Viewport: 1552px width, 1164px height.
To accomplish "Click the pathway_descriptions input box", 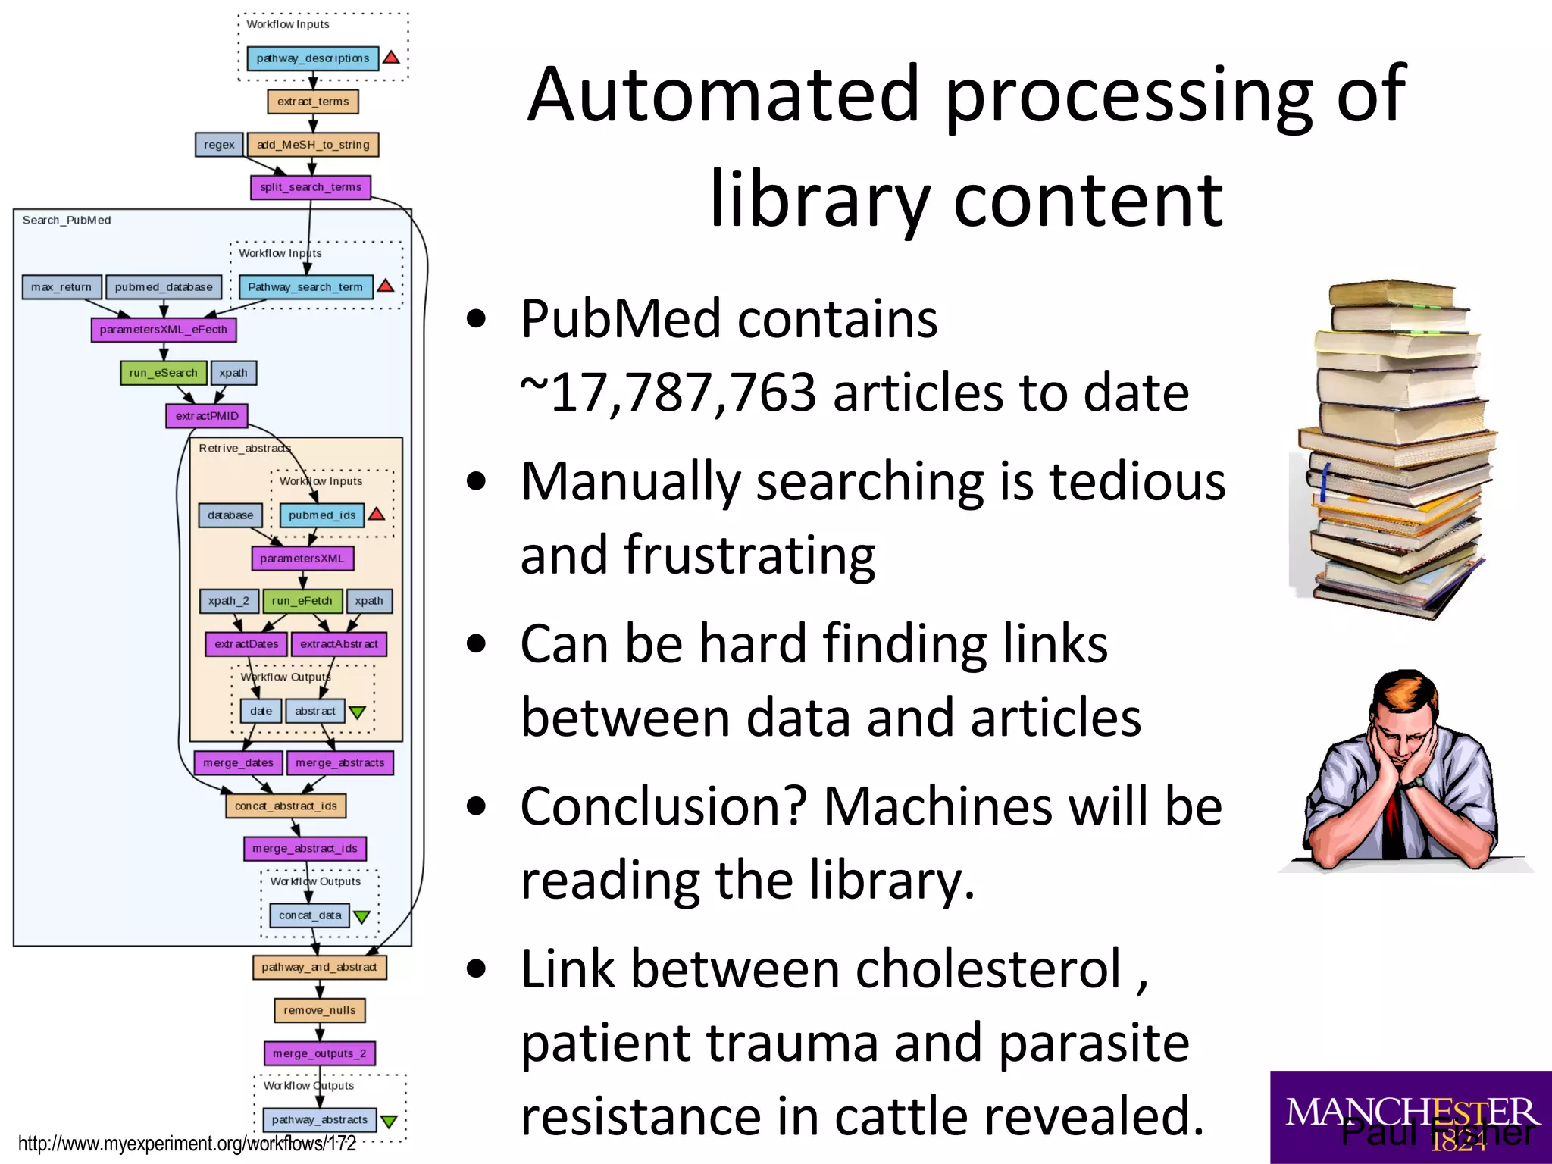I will [x=312, y=58].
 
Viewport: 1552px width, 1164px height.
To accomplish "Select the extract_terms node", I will [x=312, y=102].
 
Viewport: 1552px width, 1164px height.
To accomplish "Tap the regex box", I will [x=219, y=145].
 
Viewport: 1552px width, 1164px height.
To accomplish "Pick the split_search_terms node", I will [x=310, y=187].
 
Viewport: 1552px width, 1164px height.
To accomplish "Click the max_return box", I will [x=61, y=287].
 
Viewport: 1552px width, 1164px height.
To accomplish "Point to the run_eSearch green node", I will [x=163, y=373].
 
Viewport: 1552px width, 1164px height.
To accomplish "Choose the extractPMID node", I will [x=207, y=416].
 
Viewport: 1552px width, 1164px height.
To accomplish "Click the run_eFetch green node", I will [x=302, y=601].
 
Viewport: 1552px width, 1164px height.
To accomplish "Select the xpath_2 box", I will [x=228, y=601].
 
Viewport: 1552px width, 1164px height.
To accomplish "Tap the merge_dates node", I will [x=238, y=763].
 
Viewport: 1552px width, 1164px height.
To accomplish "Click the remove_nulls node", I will [x=319, y=1010].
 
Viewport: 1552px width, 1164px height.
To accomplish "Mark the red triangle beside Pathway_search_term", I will [x=386, y=286].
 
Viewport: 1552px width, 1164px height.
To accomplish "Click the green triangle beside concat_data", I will [x=361, y=916].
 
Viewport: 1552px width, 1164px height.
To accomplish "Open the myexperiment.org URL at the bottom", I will [x=186, y=1144].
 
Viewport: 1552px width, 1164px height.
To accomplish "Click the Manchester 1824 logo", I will [x=1410, y=1116].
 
